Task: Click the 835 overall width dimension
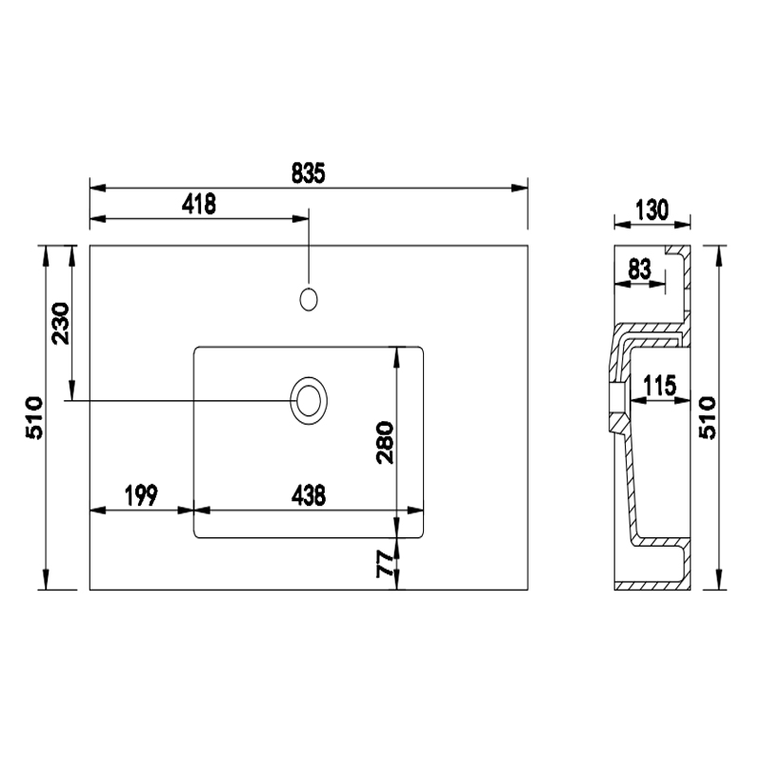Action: [308, 173]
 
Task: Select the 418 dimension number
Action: [199, 204]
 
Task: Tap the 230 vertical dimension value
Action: [61, 323]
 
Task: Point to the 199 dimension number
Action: [141, 495]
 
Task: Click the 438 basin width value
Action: [309, 495]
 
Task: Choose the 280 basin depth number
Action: [386, 442]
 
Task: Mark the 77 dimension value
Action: [386, 564]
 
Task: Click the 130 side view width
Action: [652, 210]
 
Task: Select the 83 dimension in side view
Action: [639, 270]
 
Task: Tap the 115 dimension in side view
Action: [660, 386]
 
